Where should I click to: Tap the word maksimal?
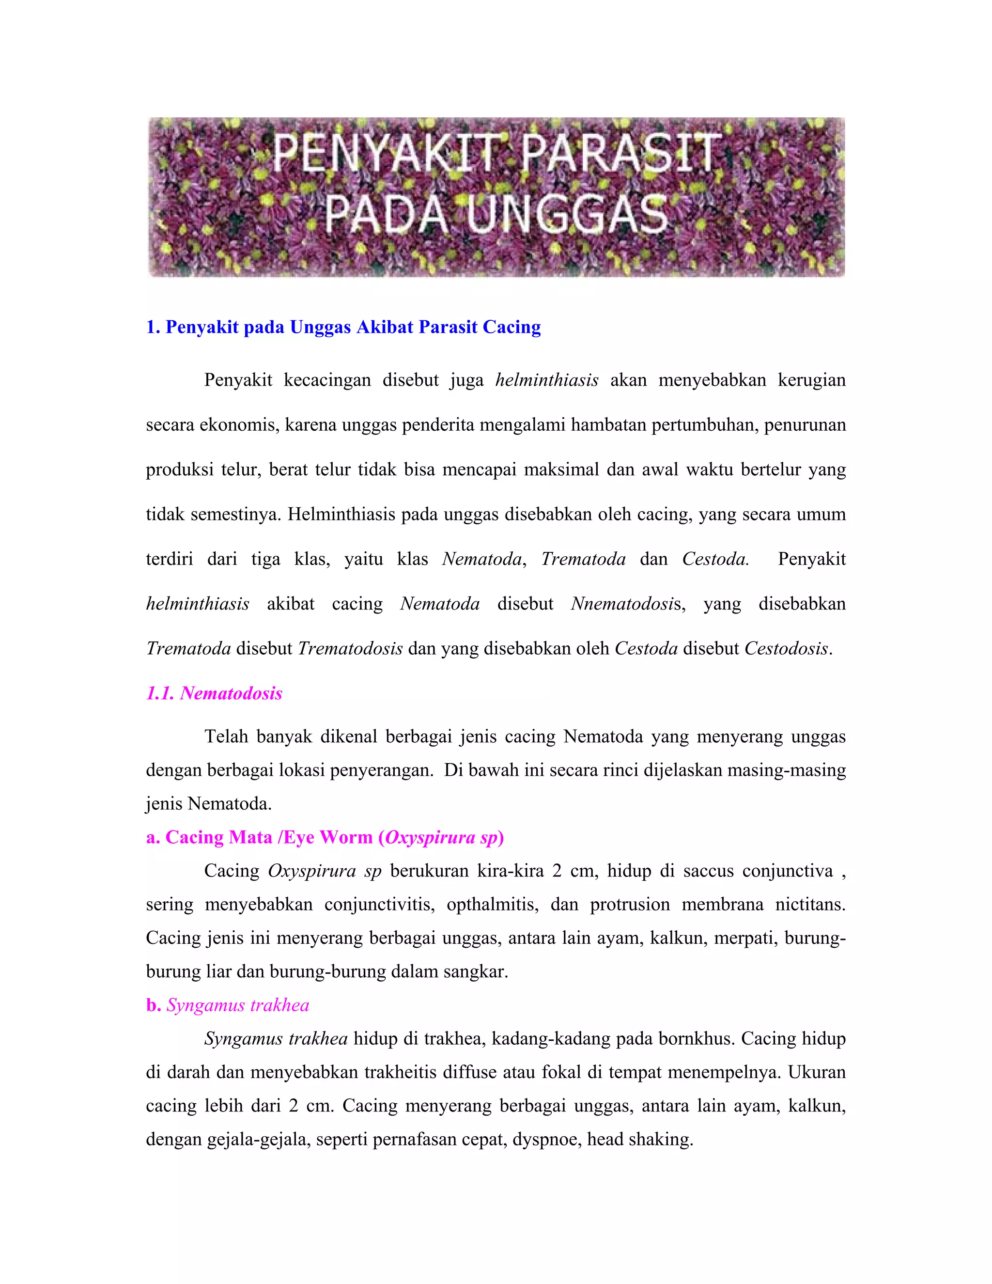pos(560,469)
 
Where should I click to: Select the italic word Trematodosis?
pos(350,648)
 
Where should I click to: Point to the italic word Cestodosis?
pos(786,648)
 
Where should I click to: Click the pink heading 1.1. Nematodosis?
pos(215,693)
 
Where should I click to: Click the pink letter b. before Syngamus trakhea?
pos(154,1005)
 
